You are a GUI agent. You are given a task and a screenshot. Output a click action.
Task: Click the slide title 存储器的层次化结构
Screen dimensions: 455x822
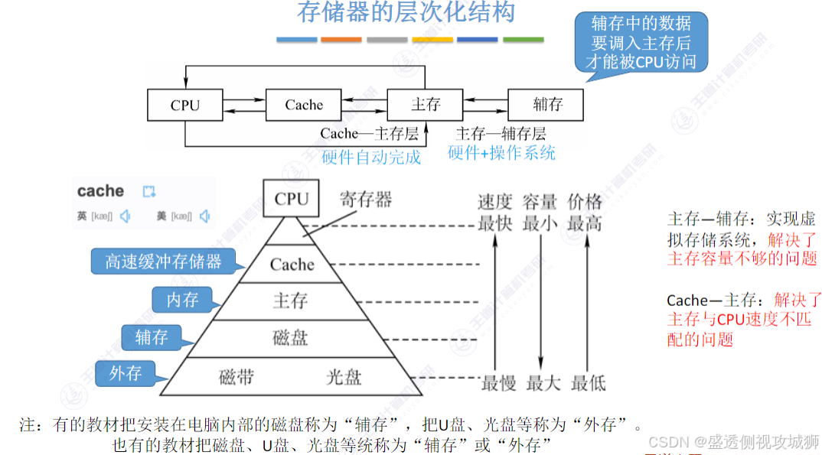(406, 13)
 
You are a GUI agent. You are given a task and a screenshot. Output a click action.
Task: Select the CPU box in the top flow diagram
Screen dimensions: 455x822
(184, 105)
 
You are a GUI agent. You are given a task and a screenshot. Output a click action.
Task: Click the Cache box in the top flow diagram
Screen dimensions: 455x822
(304, 105)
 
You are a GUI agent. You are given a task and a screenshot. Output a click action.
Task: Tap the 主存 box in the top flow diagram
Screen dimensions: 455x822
(425, 105)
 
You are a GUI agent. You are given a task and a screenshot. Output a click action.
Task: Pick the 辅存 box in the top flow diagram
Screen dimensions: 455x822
(546, 105)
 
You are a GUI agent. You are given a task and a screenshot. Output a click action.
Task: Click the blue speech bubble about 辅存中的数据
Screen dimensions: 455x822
(641, 43)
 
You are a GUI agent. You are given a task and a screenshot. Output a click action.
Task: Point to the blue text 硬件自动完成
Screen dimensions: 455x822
(371, 158)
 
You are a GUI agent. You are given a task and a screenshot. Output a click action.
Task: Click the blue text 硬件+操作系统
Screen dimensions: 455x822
(501, 153)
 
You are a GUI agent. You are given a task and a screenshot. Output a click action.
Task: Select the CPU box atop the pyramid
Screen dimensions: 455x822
(291, 199)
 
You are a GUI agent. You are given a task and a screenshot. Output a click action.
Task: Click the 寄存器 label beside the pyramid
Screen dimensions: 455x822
(366, 200)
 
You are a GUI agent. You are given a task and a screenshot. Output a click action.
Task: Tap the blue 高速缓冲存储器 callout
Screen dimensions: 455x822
(163, 262)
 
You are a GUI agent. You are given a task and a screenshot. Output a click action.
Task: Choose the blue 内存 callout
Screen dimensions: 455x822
(182, 300)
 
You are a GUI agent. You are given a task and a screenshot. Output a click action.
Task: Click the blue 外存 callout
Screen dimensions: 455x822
(126, 373)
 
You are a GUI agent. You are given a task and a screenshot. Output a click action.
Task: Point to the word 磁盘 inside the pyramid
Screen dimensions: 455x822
(290, 337)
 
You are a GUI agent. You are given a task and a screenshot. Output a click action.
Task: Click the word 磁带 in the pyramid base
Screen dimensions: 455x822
(236, 376)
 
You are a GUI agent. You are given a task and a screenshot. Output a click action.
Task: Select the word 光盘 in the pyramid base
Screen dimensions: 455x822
(344, 376)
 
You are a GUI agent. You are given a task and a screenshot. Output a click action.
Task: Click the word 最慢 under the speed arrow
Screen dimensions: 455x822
(498, 382)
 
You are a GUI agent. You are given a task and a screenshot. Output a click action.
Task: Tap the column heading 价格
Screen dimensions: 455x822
(585, 202)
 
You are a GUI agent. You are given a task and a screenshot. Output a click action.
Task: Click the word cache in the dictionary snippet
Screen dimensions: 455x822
(100, 191)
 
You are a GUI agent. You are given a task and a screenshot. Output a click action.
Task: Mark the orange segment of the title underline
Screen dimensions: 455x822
(341, 39)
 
